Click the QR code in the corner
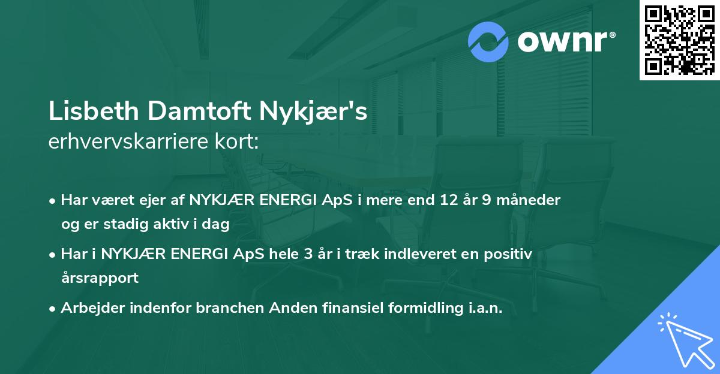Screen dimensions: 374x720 [680, 40]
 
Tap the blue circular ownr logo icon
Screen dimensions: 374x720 [488, 42]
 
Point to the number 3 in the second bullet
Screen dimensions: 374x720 [308, 254]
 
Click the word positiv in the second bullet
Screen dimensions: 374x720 [510, 254]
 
